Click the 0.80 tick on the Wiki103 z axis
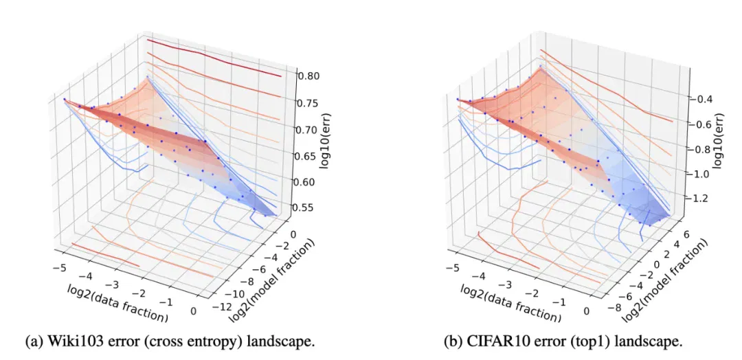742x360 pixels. tap(309, 76)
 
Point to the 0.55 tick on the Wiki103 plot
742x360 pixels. tap(309, 207)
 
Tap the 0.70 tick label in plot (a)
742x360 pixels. tap(309, 129)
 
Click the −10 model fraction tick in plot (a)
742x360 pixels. tap(234, 293)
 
